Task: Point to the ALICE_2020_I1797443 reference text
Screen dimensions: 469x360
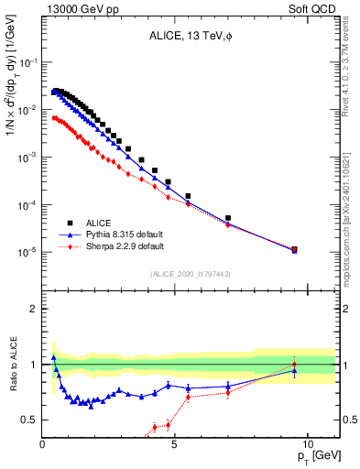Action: [190, 274]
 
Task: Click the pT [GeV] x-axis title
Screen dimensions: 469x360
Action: [315, 455]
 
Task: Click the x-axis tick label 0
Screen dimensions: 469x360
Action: [43, 442]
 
